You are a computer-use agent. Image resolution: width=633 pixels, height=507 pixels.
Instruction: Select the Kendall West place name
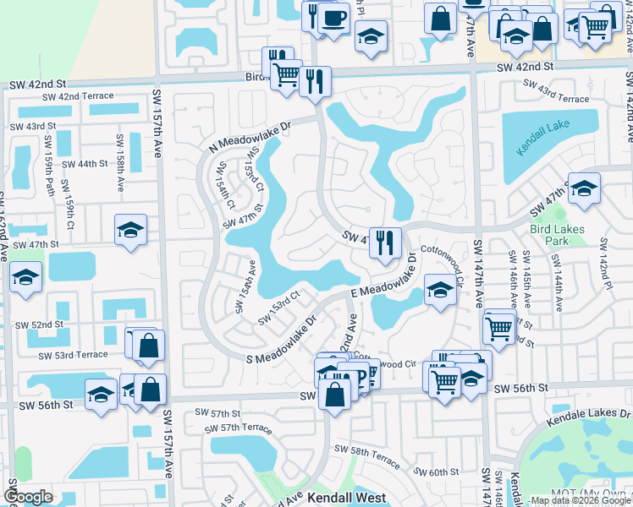[x=346, y=499]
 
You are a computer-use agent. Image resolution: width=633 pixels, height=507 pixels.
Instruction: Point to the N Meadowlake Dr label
[x=250, y=137]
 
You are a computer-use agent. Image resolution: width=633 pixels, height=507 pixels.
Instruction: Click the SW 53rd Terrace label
[x=69, y=356]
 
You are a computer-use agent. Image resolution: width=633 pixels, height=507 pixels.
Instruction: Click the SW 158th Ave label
[x=120, y=169]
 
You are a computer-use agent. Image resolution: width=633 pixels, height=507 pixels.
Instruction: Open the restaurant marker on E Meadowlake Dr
[x=385, y=242]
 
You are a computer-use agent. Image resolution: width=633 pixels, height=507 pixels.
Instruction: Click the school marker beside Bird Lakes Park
[x=584, y=188]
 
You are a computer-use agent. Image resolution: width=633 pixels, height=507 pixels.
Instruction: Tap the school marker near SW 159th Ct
[x=130, y=229]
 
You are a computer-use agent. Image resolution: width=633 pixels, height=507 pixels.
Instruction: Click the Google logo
[x=30, y=497]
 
